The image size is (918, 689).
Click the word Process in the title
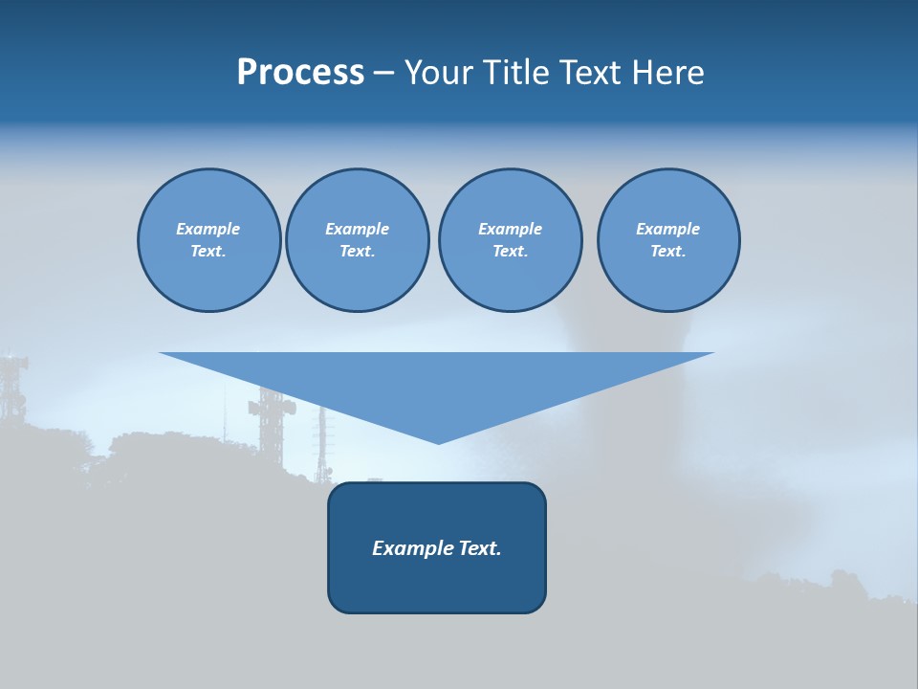pos(300,73)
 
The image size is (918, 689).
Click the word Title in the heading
pos(513,73)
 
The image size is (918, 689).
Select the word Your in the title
pos(436,73)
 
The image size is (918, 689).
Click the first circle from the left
pos(208,240)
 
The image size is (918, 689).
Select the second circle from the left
pos(357,240)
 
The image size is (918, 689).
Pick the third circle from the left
pos(510,240)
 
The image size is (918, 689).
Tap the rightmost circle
pos(668,240)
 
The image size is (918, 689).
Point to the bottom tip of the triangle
pos(438,441)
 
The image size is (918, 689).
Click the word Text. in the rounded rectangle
pos(481,548)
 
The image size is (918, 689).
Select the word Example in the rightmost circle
pos(667,229)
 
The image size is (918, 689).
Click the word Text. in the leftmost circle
pos(208,252)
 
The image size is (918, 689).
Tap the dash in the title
pos(383,73)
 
